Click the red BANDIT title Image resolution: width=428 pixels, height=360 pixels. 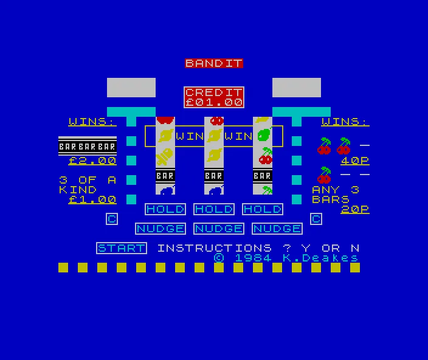point(214,63)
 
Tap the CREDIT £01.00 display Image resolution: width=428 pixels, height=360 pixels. point(214,97)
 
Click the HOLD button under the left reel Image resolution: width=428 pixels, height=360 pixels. point(165,209)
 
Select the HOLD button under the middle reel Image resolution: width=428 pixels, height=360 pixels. point(214,209)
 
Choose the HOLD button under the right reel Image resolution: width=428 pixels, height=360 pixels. point(262,209)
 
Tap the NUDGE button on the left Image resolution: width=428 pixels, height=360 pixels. point(160,229)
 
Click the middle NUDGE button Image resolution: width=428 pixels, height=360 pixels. point(219,229)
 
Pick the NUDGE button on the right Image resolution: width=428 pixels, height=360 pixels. point(277,229)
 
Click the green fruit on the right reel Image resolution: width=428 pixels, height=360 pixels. point(265,135)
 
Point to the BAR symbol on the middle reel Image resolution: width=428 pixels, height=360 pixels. point(214,176)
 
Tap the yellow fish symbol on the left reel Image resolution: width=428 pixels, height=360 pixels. point(165,157)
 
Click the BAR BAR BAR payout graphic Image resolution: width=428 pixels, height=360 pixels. point(88,147)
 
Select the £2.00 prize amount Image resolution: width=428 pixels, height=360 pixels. point(92,161)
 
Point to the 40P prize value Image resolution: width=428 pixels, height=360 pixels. point(355,161)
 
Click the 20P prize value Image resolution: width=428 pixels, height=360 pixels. point(355,209)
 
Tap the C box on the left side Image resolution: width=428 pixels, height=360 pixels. point(112,219)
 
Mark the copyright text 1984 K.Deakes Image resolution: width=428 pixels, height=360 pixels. point(286,258)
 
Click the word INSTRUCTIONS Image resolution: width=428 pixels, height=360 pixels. point(214,248)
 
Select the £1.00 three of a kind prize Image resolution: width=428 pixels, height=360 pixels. point(92,199)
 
